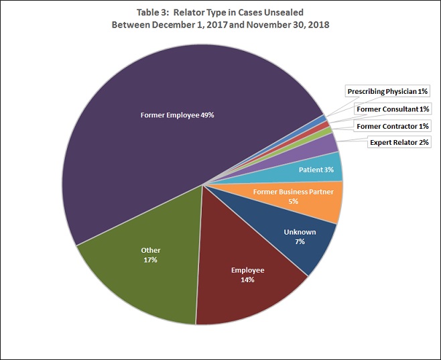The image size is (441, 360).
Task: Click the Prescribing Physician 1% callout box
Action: [387, 91]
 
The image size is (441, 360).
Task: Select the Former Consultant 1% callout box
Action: [392, 109]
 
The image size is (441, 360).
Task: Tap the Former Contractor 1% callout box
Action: [392, 126]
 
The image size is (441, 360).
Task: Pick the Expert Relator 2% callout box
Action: [399, 142]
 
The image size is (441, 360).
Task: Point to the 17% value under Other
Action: [150, 259]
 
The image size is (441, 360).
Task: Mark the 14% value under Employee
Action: [247, 280]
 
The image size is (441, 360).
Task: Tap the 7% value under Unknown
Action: [299, 241]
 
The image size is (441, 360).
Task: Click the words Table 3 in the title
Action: [135, 11]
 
